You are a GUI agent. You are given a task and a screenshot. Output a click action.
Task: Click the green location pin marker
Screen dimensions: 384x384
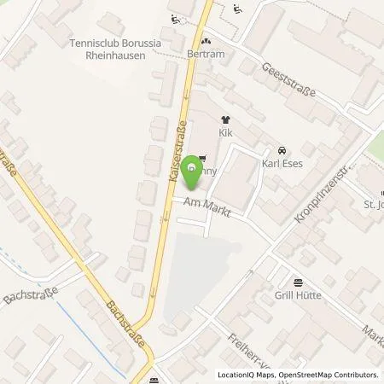click(193, 174)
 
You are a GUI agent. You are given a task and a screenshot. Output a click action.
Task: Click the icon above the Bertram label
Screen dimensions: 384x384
click(204, 40)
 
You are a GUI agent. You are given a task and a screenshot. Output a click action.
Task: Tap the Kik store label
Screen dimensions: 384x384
click(226, 134)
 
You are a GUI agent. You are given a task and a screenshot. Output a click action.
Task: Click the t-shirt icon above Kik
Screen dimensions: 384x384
click(226, 120)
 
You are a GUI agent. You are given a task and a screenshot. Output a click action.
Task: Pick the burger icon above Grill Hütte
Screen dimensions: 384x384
click(297, 284)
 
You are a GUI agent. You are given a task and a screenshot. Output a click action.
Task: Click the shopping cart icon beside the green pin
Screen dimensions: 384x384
click(201, 158)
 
